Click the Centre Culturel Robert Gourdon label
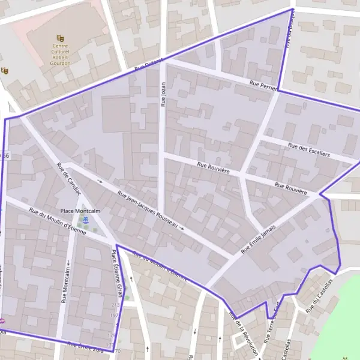point(61,52)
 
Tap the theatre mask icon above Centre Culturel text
point(60,38)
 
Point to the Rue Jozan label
point(162,95)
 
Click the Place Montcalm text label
point(80,211)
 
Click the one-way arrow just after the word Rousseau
point(181,229)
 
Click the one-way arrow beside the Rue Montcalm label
point(68,262)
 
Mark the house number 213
point(115,305)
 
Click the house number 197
point(115,314)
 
